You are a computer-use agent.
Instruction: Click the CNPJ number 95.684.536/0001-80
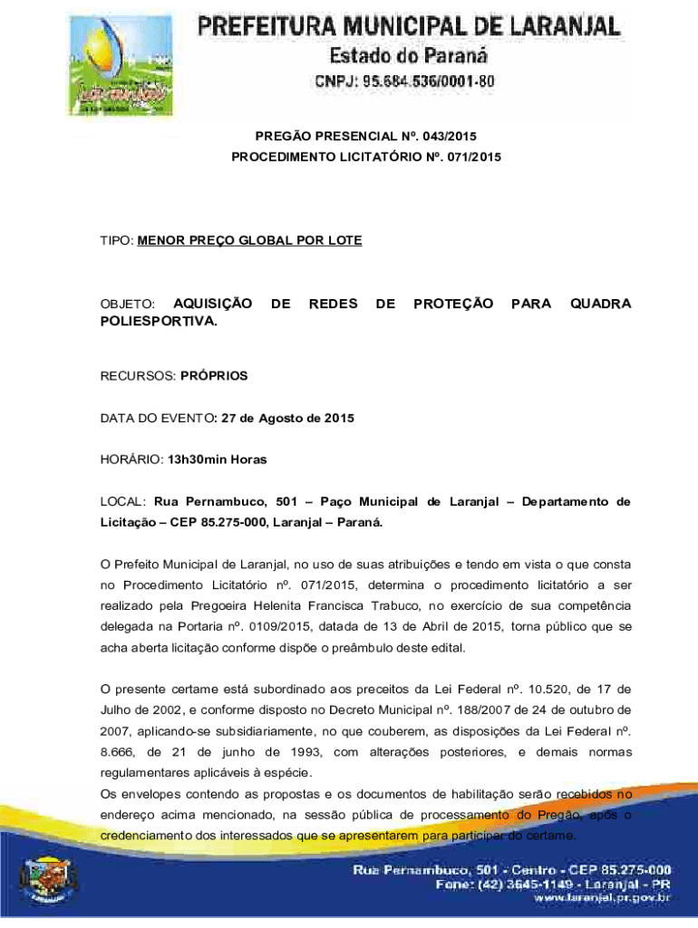click(404, 82)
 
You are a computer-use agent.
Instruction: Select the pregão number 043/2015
click(442, 137)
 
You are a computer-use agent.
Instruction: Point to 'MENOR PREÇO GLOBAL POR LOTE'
click(249, 240)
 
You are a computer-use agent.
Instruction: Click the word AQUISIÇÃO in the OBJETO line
click(212, 304)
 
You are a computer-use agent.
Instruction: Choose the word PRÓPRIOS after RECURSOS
click(214, 375)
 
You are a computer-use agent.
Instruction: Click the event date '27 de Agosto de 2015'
click(288, 418)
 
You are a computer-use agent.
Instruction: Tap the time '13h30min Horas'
click(218, 459)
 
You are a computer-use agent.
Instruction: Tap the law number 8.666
click(117, 752)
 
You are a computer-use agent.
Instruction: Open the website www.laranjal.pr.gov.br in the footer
click(602, 898)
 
